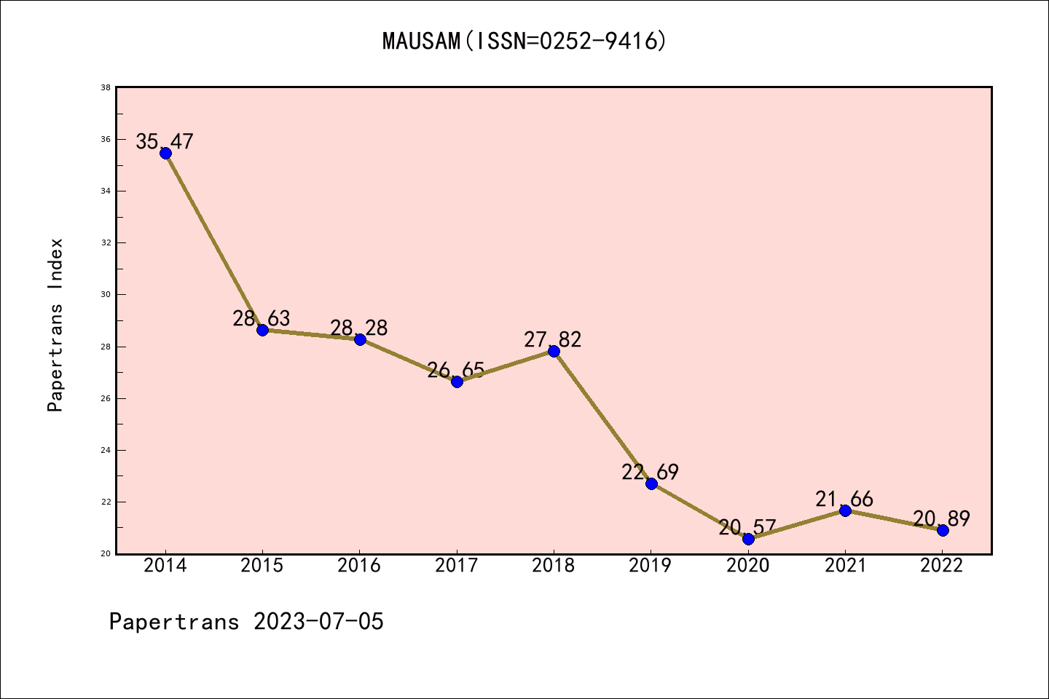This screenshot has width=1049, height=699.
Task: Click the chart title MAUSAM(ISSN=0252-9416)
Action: (524, 41)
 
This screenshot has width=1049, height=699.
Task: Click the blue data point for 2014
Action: (165, 153)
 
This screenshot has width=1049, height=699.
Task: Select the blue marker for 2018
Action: (554, 351)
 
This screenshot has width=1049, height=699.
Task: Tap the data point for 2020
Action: (748, 539)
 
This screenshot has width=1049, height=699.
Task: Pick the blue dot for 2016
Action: (360, 339)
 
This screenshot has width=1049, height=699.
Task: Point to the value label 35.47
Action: (165, 141)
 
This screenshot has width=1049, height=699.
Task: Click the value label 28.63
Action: (262, 318)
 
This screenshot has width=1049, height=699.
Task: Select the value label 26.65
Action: (456, 370)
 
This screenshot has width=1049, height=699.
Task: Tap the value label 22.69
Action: (650, 472)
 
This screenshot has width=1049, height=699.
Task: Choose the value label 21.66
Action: (844, 499)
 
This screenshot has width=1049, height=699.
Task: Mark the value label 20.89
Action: (941, 518)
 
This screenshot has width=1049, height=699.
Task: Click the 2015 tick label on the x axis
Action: (262, 566)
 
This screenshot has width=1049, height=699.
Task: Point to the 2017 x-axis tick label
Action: (457, 566)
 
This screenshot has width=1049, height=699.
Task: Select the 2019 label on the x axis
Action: (651, 566)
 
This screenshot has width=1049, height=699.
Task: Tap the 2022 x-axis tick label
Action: (942, 566)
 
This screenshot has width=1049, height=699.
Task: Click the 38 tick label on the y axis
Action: (106, 87)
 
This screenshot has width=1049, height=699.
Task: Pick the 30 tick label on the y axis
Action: (106, 295)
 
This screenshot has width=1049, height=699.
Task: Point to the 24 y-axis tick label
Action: (106, 450)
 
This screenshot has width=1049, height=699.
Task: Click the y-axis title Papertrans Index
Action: (55, 325)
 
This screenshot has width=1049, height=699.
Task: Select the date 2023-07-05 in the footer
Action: (318, 622)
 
